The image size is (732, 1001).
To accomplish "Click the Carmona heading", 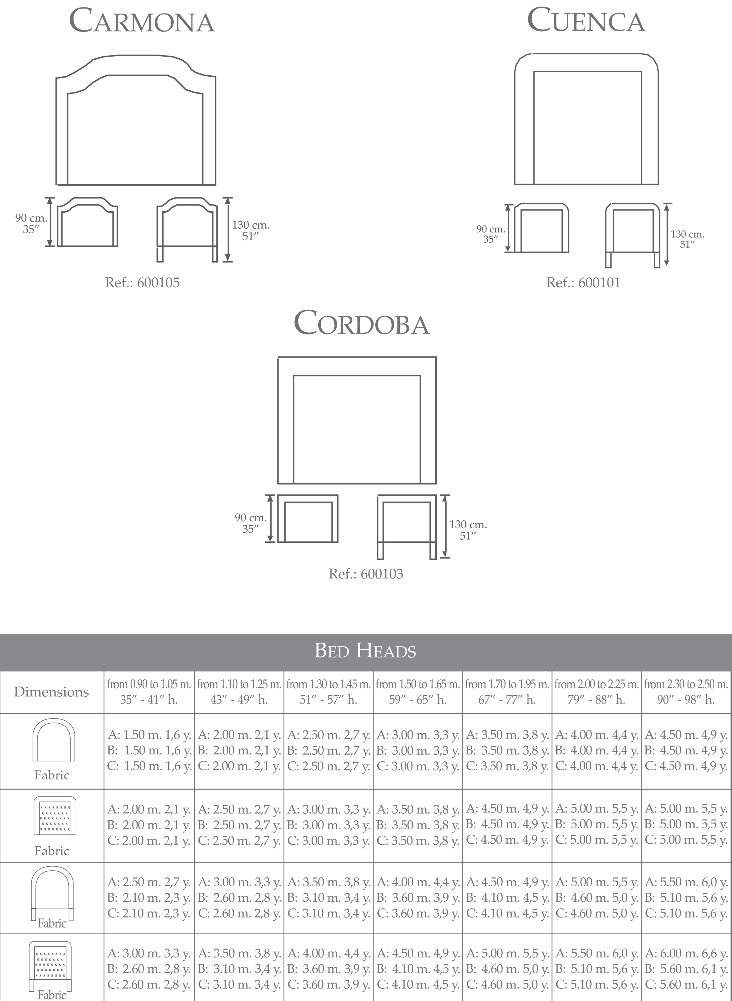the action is coord(142,21).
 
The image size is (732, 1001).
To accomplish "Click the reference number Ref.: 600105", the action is coord(142,283).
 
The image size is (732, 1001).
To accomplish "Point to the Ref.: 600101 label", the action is coord(583,283).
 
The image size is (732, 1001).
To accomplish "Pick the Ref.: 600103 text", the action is coord(366,574).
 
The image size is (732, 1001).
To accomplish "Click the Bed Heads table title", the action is coord(366,651).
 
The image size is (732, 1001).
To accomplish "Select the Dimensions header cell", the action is coord(51,692).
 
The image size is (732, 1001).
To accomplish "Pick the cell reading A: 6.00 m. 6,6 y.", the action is coord(686,953).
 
